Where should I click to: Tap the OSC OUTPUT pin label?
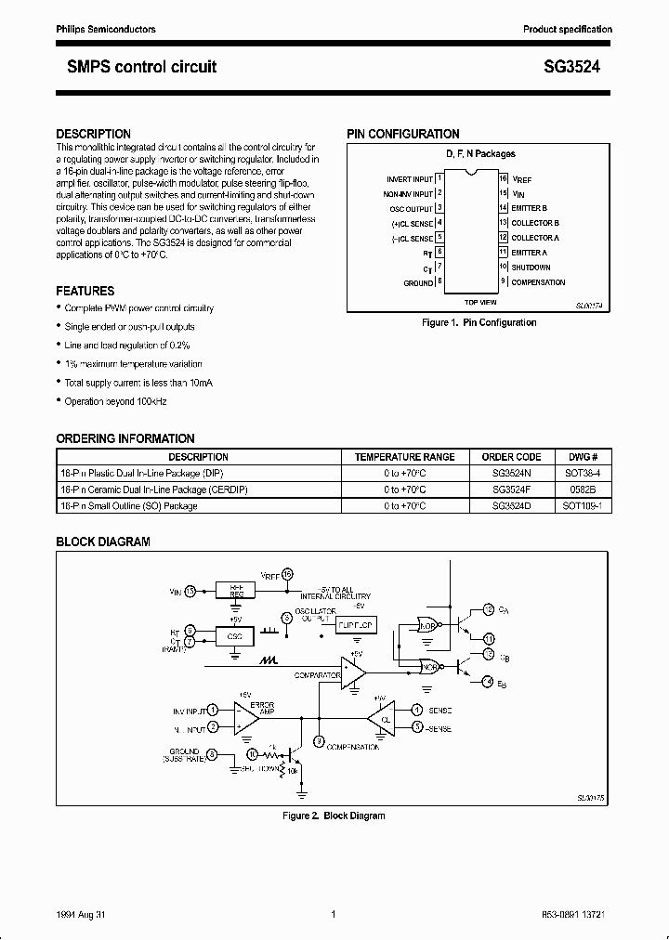pyautogui.click(x=410, y=208)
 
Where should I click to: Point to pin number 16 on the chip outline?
pyautogui.click(x=503, y=177)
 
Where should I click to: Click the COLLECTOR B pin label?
pyautogui.click(x=536, y=223)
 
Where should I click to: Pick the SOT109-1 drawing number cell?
pyautogui.click(x=583, y=506)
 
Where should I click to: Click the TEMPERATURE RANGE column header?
pyautogui.click(x=405, y=457)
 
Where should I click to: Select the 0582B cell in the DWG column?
pyautogui.click(x=583, y=490)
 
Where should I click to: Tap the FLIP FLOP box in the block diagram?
pyautogui.click(x=354, y=626)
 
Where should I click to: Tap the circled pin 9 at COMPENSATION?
pyautogui.click(x=319, y=741)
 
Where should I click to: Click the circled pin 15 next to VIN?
pyautogui.click(x=190, y=590)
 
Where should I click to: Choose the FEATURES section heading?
pyautogui.click(x=85, y=291)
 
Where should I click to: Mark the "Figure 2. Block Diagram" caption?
pyautogui.click(x=334, y=816)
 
